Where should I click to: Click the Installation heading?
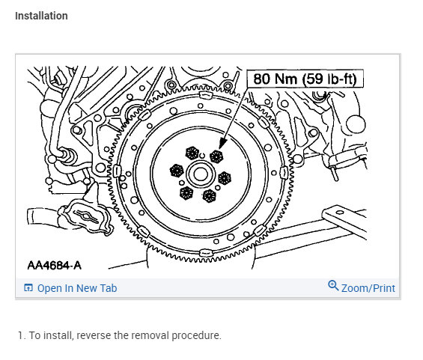[x=41, y=16]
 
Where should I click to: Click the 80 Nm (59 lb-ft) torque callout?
[x=305, y=79]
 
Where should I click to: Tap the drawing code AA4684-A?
[x=54, y=266]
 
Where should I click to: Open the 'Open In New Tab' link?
[x=77, y=288]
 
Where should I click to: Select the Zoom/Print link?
[x=368, y=288]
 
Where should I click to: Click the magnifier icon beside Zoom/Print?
[x=333, y=285]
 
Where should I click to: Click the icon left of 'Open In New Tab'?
[x=28, y=287]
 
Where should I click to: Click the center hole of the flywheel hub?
[x=201, y=174]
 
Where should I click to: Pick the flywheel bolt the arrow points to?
[x=216, y=156]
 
